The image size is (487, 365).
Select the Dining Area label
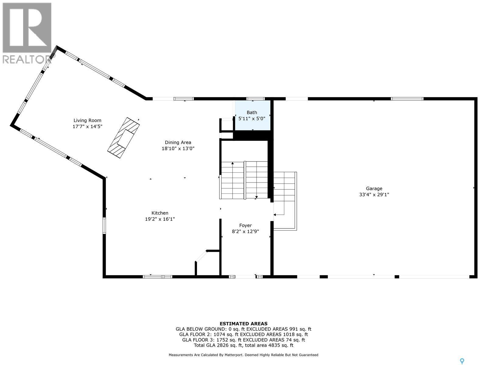[178, 142]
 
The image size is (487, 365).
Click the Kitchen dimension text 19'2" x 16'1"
[160, 219]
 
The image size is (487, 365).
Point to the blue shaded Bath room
[253, 116]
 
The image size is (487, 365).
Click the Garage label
[374, 189]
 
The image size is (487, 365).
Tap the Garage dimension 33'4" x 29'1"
[374, 195]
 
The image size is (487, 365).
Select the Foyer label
[245, 225]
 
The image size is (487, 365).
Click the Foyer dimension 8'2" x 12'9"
[245, 231]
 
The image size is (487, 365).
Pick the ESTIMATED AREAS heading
[243, 324]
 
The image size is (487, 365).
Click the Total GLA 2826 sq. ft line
[243, 345]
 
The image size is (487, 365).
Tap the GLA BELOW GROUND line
[243, 329]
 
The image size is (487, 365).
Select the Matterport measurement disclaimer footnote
[243, 355]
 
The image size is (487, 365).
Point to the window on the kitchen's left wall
[104, 225]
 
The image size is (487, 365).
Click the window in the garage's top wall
[407, 99]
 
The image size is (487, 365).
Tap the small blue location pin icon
[462, 361]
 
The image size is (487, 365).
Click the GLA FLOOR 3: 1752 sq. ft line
[243, 340]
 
